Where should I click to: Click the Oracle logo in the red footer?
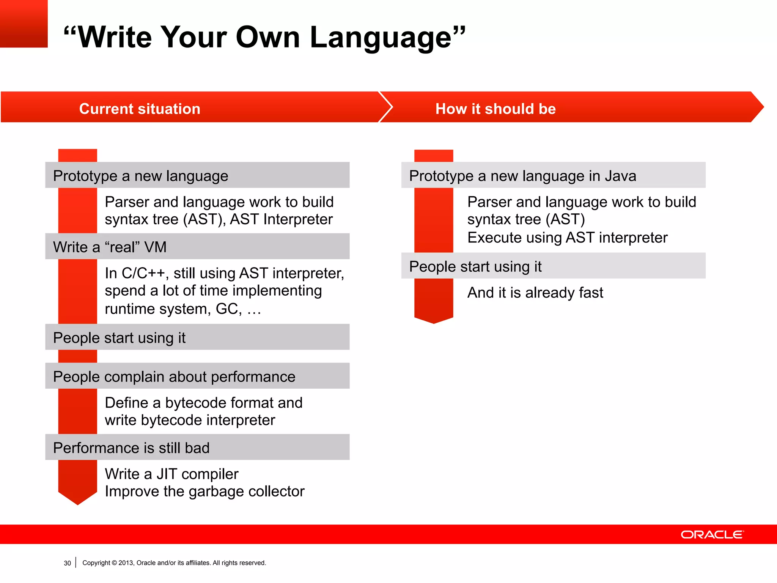(x=712, y=534)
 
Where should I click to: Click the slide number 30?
(x=67, y=563)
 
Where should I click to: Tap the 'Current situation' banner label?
(x=140, y=109)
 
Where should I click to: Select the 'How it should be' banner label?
(x=495, y=109)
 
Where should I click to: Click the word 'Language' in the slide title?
(x=381, y=38)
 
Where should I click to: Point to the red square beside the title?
(x=24, y=24)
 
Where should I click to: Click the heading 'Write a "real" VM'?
(x=110, y=247)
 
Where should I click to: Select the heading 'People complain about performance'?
(x=174, y=377)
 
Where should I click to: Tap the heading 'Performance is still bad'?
(x=131, y=448)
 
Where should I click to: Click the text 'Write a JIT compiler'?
(x=171, y=474)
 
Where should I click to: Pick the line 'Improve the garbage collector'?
(x=204, y=492)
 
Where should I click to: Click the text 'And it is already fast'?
(x=535, y=293)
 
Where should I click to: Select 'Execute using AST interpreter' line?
(x=567, y=238)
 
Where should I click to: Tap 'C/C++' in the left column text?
(x=143, y=273)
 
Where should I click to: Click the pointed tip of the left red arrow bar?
(x=78, y=503)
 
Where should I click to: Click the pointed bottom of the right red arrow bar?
(x=434, y=322)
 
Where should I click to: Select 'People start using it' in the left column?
(x=119, y=338)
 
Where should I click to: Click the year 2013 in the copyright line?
(x=126, y=563)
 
